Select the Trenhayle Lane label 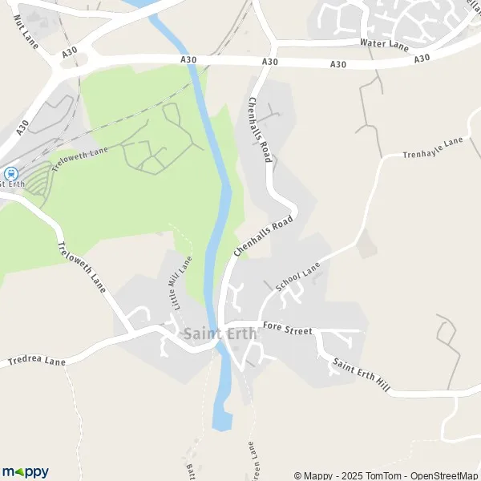pos(433,148)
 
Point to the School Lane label pos(297,277)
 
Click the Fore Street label pos(289,330)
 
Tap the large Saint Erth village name pos(220,333)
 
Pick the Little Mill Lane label pos(180,283)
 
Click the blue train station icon pos(10,172)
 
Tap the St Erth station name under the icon pos(12,184)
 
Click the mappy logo pos(25,472)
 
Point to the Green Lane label pos(250,461)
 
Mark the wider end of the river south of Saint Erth pos(221,418)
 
